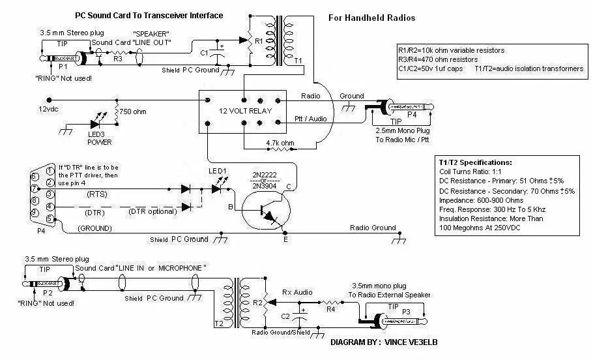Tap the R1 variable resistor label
click(x=258, y=40)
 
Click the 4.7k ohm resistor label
click(x=281, y=142)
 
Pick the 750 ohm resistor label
click(x=134, y=112)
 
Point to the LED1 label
click(x=217, y=171)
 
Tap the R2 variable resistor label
click(x=257, y=303)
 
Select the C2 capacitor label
click(x=285, y=316)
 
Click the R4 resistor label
click(x=331, y=309)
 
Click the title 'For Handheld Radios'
click(x=371, y=18)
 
